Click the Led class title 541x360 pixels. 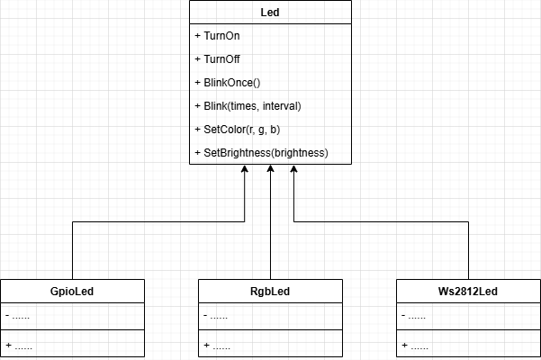coord(270,13)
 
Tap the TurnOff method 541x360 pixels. coord(217,59)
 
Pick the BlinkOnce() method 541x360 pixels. coord(227,83)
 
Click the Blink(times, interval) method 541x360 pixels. coord(248,106)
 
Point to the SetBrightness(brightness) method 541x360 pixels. coord(261,153)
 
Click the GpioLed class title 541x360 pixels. coord(72,292)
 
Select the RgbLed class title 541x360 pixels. coord(270,292)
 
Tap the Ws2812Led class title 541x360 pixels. coord(468,292)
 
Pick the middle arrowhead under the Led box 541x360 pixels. coord(270,171)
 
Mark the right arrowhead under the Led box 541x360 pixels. coord(294,171)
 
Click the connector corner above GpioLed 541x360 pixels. coord(72,221)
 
